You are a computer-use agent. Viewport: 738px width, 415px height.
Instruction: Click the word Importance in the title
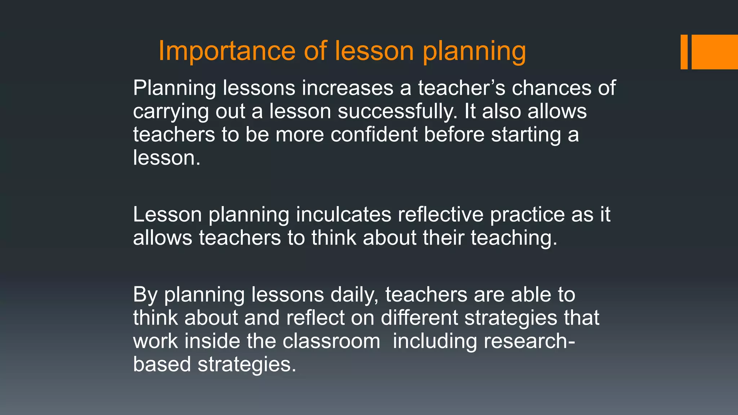tap(227, 51)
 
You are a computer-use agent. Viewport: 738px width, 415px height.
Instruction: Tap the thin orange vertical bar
tap(684, 52)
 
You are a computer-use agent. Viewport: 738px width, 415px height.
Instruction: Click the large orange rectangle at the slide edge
tap(715, 52)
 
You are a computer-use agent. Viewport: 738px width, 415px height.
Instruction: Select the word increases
tap(348, 88)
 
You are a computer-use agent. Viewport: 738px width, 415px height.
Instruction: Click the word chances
tap(552, 88)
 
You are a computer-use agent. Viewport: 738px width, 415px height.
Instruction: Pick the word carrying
tap(171, 112)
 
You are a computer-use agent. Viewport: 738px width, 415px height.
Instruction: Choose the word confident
tap(374, 135)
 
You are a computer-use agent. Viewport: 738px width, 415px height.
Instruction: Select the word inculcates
tap(343, 215)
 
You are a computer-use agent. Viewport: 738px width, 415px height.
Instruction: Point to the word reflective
tap(440, 215)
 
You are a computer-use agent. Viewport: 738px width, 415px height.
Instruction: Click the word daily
tap(354, 295)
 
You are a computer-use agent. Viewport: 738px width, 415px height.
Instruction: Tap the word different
tap(419, 318)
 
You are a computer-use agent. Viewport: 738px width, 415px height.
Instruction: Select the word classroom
tap(331, 341)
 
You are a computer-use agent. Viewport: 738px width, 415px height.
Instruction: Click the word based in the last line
tap(162, 364)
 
